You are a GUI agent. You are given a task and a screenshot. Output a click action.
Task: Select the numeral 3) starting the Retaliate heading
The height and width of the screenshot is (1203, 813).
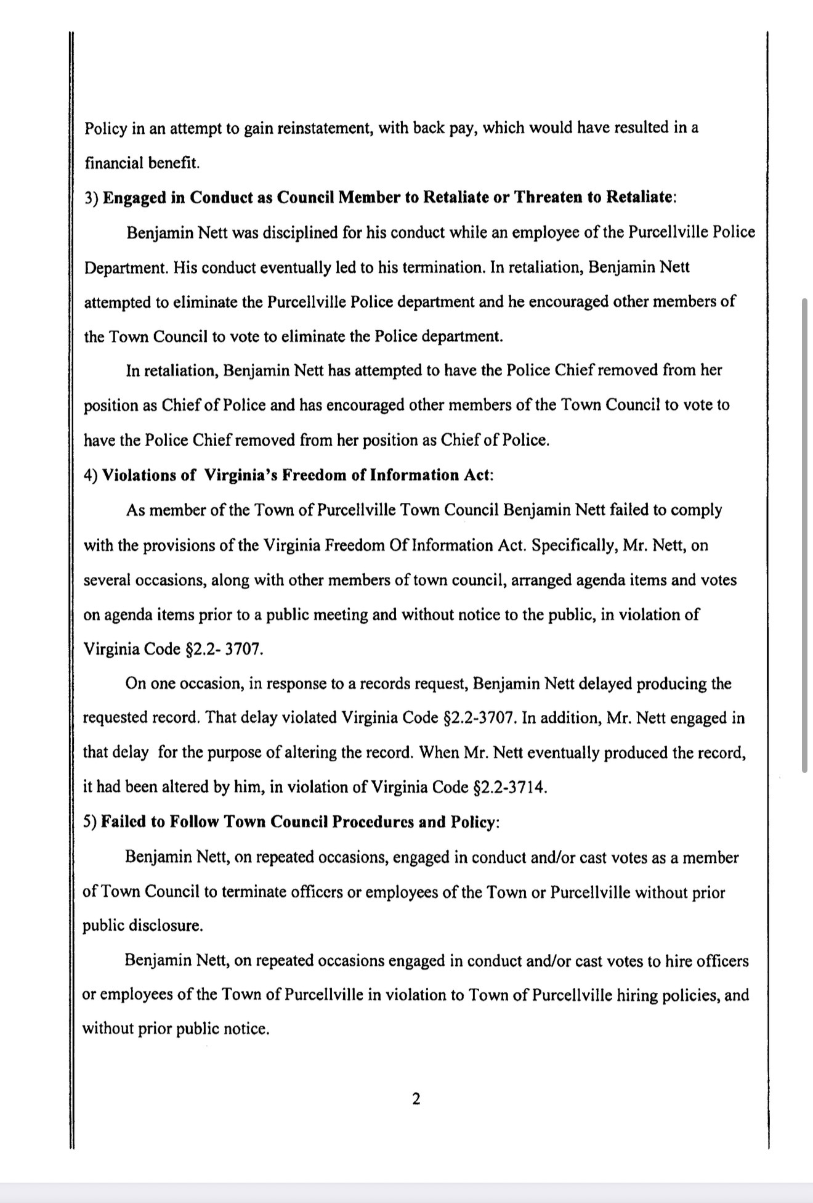tap(91, 197)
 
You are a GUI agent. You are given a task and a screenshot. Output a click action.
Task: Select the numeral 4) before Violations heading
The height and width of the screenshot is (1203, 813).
tap(91, 475)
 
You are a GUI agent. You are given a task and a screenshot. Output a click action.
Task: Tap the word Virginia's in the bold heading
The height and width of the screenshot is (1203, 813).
tap(244, 475)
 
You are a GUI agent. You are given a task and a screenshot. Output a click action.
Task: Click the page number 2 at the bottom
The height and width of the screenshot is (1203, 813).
tap(416, 1098)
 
